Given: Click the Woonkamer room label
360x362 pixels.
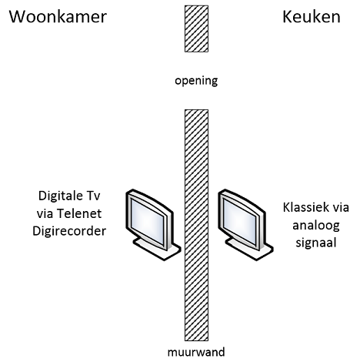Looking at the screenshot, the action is (58, 17).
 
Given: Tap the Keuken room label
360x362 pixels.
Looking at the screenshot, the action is (312, 17).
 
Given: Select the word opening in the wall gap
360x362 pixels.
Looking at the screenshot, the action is (196, 81).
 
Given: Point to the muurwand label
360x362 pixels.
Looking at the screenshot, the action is (196, 352).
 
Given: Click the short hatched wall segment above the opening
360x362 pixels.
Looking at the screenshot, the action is (196, 28).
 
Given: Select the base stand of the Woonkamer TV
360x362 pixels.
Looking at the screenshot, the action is (157, 250).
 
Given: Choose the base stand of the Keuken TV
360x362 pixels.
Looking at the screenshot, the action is (249, 250).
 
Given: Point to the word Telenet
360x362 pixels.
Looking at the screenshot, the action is (79, 213).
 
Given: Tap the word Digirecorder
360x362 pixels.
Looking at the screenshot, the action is (69, 231).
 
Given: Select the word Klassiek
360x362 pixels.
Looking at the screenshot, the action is (304, 207).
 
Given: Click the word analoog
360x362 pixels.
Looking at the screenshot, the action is (316, 226).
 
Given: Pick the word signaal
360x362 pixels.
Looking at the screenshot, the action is (316, 243).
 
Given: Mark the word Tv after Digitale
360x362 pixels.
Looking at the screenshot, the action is (93, 196).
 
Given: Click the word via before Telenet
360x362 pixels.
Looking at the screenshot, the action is (45, 213).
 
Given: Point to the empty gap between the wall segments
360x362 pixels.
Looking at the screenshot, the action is (196, 67).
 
